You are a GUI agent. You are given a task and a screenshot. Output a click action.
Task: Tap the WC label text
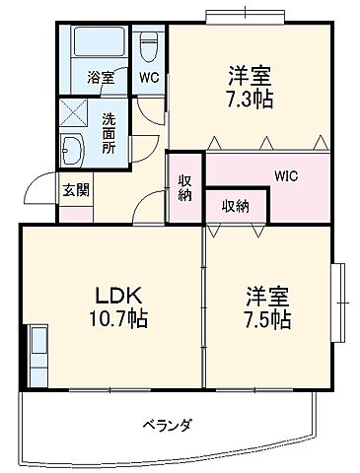pyautogui.click(x=148, y=77)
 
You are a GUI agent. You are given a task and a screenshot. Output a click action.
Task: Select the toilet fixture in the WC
pyautogui.click(x=148, y=44)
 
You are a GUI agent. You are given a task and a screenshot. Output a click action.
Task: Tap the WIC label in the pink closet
pyautogui.click(x=287, y=176)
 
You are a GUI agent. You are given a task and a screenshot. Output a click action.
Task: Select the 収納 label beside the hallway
pyautogui.click(x=185, y=187)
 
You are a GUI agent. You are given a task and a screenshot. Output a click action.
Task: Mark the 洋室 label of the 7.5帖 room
pyautogui.click(x=267, y=295)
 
